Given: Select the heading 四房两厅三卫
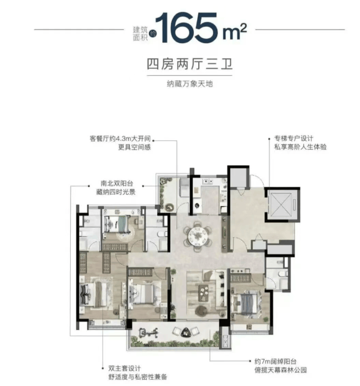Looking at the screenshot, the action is tap(189, 64).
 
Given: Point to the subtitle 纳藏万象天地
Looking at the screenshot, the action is tap(189, 84).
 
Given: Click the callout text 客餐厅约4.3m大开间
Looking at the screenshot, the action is tap(120, 139).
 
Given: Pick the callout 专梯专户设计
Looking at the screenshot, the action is tap(294, 139).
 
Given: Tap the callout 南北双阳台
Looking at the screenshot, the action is tap(117, 183).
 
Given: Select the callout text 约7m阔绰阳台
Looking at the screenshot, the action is tap(276, 361).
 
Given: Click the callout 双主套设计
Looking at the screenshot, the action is tap(125, 369).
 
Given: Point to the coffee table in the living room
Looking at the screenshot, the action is tap(203, 293).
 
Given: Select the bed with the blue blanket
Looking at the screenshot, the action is tap(246, 302).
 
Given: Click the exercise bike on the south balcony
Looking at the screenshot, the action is tap(148, 333).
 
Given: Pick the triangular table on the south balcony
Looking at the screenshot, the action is tap(185, 333).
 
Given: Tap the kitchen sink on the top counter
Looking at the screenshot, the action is tap(207, 182).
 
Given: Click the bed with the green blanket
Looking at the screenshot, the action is tap(117, 224).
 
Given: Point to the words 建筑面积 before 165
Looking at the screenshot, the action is tap(140, 34).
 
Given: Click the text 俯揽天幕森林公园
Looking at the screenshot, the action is tap(281, 370).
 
